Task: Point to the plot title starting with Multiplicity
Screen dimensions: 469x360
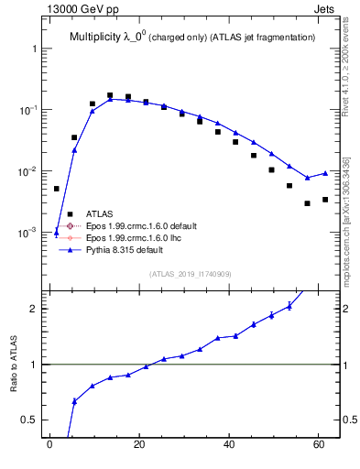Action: (x=192, y=37)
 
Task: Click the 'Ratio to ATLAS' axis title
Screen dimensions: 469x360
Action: (x=14, y=365)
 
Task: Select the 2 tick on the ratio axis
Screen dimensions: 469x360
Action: (x=35, y=309)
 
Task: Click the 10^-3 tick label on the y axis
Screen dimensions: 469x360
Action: (x=27, y=233)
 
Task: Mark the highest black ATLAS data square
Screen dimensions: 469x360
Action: (x=110, y=95)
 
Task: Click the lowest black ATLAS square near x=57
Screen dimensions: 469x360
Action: (x=307, y=203)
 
